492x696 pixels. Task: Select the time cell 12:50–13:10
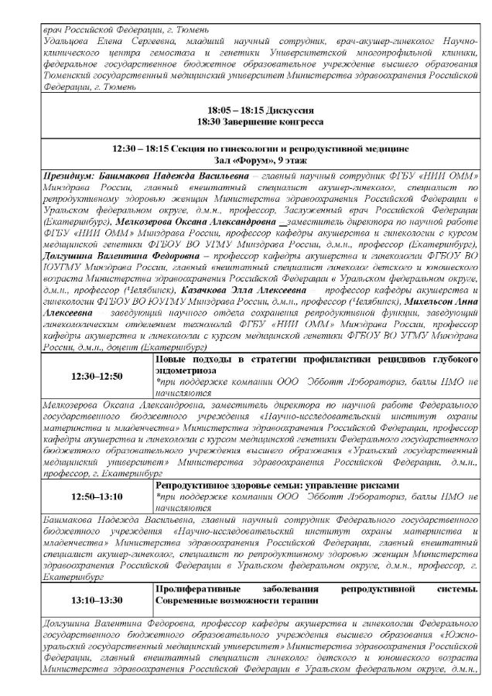[97, 496]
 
